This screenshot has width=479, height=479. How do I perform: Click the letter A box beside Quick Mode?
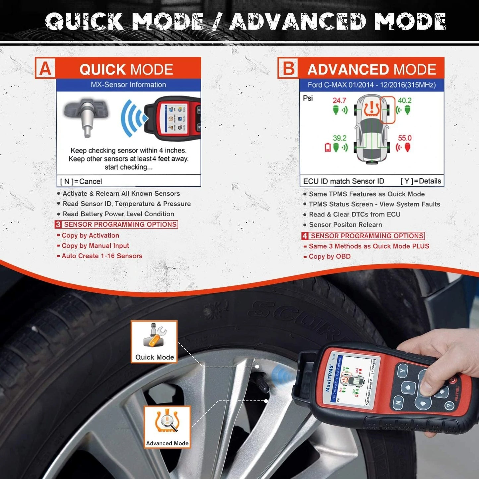point(45,69)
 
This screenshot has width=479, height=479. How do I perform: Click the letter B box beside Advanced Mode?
point(288,68)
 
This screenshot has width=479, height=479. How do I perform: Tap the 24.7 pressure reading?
point(339,100)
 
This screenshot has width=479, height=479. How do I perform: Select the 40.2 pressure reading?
point(404,100)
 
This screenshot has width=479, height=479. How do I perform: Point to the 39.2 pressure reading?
point(339,138)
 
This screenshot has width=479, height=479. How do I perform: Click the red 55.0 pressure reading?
point(404,138)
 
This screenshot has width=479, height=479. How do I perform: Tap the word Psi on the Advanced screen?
point(308,98)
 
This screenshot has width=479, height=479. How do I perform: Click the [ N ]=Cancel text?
point(81,181)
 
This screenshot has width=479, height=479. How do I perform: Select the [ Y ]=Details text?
point(421,181)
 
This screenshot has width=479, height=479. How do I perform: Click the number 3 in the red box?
point(58,224)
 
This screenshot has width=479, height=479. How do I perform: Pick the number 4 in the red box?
point(305,236)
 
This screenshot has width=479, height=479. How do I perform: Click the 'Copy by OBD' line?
point(329,256)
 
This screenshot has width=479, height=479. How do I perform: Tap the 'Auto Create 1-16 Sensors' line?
point(102,256)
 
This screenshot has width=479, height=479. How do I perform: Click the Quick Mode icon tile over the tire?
point(154,341)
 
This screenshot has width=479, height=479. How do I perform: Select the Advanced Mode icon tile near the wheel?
point(167,427)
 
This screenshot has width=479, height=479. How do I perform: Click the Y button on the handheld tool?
point(402,370)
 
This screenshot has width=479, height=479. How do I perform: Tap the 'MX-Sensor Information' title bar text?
point(128,85)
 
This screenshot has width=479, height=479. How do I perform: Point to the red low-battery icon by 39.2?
point(328,147)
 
